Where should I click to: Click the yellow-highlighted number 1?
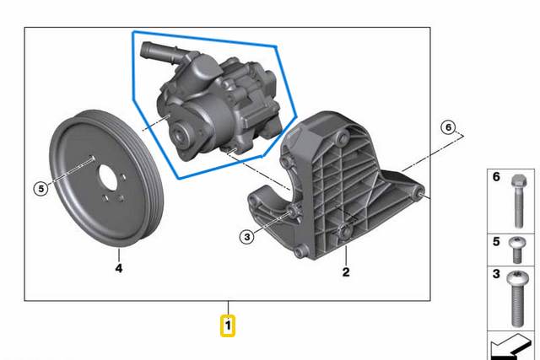(228, 325)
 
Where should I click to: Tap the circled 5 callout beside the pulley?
(40, 189)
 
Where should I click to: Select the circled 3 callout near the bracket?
(247, 237)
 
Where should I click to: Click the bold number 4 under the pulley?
(118, 269)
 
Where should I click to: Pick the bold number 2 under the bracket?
(345, 271)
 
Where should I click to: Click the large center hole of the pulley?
(109, 185)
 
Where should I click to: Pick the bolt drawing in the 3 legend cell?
(517, 298)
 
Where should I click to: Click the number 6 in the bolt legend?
(496, 178)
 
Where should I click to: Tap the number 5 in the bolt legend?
(496, 243)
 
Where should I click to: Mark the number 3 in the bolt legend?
(496, 275)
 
